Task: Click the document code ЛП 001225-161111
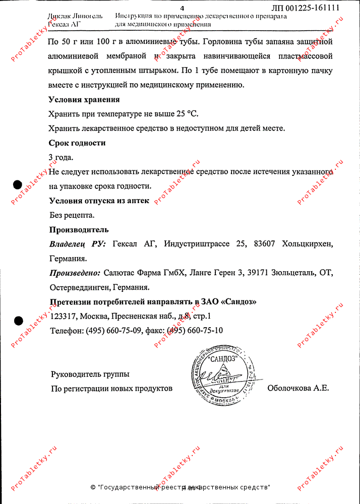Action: tap(305, 8)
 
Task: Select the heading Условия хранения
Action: tap(84, 100)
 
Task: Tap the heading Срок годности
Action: tap(77, 143)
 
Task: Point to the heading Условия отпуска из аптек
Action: tap(99, 201)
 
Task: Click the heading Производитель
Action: tap(79, 230)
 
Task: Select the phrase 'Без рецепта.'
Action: tap(72, 215)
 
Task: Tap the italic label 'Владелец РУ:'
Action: tap(78, 244)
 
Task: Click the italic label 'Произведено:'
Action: tap(75, 273)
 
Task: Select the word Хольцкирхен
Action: tap(308, 244)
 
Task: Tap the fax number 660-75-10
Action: tap(206, 331)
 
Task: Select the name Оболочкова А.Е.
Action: tap(298, 388)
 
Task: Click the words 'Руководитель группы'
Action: tap(90, 374)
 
